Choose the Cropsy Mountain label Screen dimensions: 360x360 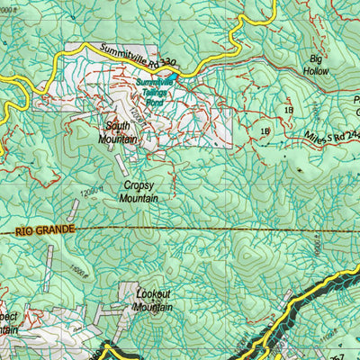pyautogui.click(x=139, y=191)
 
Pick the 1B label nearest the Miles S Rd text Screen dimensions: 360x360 pyautogui.click(x=265, y=131)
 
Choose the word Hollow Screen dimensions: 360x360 pyautogui.click(x=315, y=68)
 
